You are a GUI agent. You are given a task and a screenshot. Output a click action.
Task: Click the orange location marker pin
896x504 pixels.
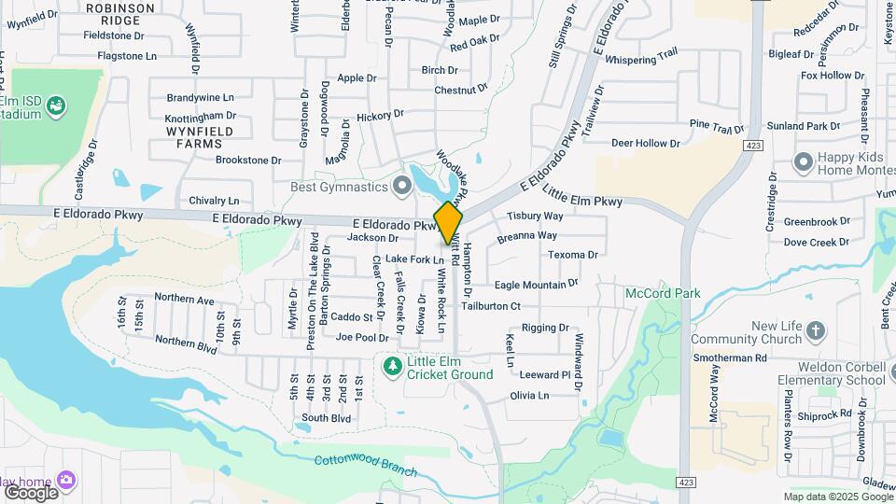tap(448, 221)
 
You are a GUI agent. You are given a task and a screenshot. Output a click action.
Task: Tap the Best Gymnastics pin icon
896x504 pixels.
tap(402, 188)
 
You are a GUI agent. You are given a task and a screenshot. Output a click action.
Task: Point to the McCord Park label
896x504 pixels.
tap(663, 293)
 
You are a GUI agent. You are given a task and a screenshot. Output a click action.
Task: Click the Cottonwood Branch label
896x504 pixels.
tap(365, 464)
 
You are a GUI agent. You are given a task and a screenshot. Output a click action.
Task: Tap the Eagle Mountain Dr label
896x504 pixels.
tap(537, 284)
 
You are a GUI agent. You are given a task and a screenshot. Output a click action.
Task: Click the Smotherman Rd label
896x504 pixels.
tap(729, 357)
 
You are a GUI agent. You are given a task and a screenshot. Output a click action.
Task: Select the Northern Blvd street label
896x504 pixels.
tap(186, 343)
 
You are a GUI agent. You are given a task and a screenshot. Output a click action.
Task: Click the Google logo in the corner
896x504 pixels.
tap(32, 491)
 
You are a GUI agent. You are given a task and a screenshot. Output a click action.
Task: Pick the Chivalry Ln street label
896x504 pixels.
tap(214, 201)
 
